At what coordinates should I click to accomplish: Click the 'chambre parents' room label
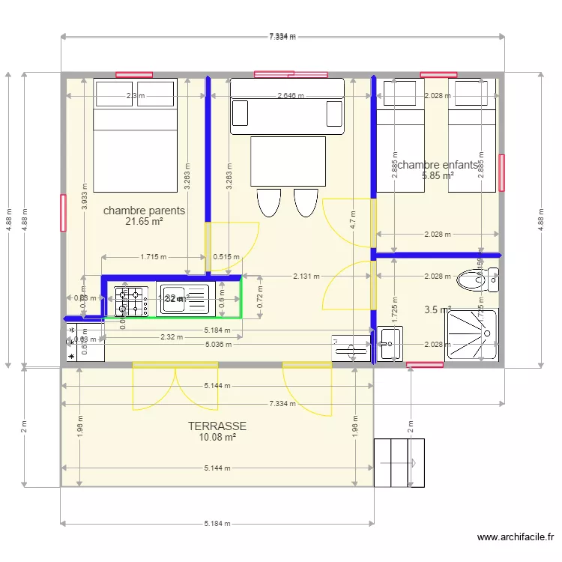[x=144, y=211]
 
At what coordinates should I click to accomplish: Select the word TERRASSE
[x=217, y=426]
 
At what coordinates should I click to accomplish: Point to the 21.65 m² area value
[x=144, y=222]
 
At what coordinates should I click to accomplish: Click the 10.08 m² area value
[x=217, y=437]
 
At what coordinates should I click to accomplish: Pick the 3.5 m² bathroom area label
[x=437, y=309]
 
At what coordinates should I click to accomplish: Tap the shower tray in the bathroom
[x=471, y=334]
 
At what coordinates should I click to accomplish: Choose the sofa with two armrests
[x=287, y=106]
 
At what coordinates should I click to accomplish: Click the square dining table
[x=288, y=161]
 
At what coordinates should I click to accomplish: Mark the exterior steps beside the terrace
[x=399, y=462]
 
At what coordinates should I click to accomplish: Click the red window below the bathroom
[x=424, y=365]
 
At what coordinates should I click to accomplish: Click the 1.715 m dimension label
[x=154, y=257]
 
